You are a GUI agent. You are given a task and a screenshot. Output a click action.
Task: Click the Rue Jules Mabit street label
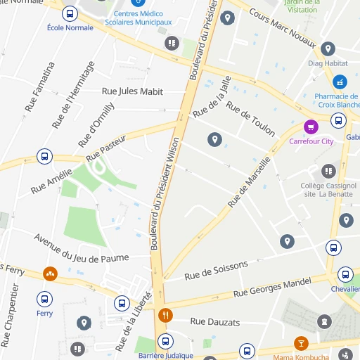click(x=133, y=91)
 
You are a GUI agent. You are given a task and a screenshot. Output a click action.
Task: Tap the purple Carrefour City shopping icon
click(x=310, y=127)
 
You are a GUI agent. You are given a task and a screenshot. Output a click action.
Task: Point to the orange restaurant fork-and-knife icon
click(x=166, y=315)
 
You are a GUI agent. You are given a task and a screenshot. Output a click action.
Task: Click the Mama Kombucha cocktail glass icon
click(x=301, y=343)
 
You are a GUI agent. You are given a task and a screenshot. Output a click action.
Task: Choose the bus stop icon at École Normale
click(x=70, y=13)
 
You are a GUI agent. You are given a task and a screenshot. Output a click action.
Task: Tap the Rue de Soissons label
click(x=216, y=271)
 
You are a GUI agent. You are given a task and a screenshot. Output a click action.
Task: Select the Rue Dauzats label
click(x=215, y=322)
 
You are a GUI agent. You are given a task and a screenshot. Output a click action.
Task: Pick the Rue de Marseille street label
click(x=250, y=182)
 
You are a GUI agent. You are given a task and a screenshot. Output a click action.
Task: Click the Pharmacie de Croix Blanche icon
click(x=340, y=82)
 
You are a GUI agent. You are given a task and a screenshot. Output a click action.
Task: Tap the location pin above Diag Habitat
click(x=327, y=49)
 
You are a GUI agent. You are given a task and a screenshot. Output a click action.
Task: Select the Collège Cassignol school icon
click(x=328, y=171)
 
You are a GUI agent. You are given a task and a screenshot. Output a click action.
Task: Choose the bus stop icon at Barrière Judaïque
click(x=166, y=342)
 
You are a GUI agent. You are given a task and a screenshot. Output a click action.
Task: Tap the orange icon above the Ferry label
click(x=50, y=274)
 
